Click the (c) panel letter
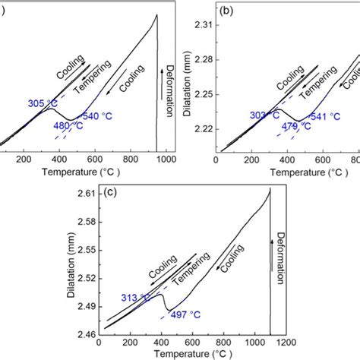tap(110, 192)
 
